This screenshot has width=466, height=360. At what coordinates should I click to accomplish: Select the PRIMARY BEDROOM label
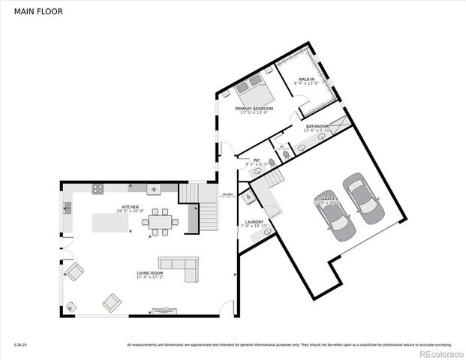tap(254, 109)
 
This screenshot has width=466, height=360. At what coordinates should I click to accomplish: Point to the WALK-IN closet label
tap(306, 79)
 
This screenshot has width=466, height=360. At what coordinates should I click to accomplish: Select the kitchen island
tap(110, 223)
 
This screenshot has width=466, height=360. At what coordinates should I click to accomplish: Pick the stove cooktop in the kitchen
tap(98, 189)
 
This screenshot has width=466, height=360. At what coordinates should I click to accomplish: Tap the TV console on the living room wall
tap(164, 309)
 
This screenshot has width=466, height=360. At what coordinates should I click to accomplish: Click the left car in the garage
tap(332, 211)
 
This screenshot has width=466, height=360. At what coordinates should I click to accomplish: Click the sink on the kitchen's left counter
tap(67, 207)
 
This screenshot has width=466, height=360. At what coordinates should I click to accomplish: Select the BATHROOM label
tap(317, 127)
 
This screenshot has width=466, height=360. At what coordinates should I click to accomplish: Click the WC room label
tap(256, 160)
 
